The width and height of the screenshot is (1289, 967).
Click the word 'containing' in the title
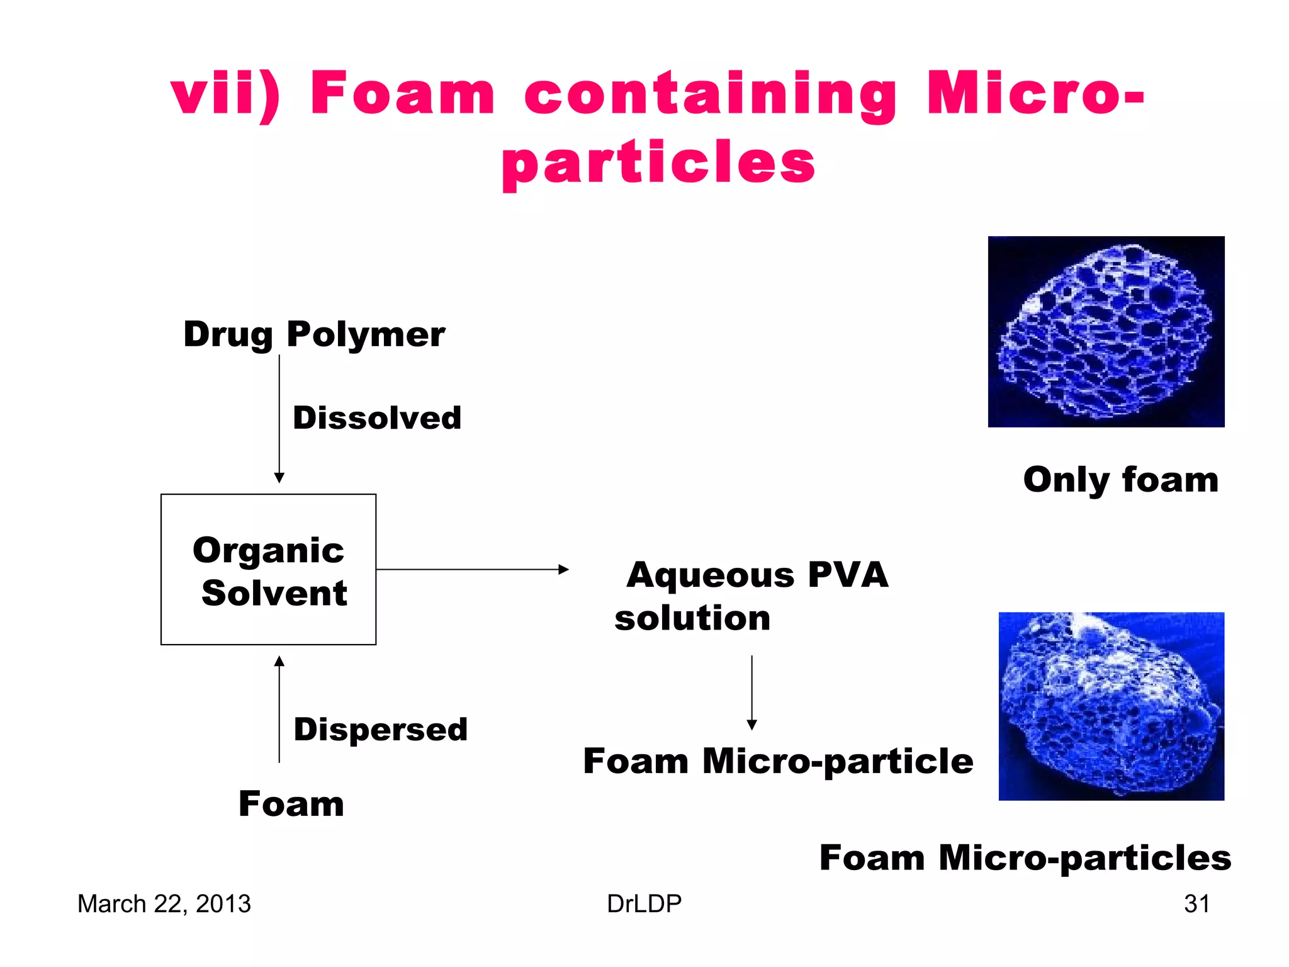tap(710, 94)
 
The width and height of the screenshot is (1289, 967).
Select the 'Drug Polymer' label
tap(314, 334)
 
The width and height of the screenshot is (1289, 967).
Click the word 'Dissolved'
tap(377, 418)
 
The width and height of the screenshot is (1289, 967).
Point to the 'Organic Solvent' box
tap(269, 570)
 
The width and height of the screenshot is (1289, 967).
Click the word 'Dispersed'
tap(381, 730)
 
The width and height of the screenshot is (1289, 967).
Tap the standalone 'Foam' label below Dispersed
tap(291, 804)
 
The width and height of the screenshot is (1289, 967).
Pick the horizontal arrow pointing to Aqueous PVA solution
tap(472, 570)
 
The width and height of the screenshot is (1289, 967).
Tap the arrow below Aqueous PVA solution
tap(751, 693)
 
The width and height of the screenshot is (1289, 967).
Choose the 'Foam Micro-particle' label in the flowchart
tap(778, 761)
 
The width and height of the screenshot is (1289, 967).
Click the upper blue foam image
tap(1106, 332)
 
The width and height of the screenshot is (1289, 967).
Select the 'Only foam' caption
tap(1120, 480)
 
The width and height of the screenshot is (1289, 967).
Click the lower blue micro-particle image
tap(1111, 706)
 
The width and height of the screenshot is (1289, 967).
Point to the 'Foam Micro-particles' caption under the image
tap(1025, 858)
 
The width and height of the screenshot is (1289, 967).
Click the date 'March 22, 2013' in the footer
tap(164, 904)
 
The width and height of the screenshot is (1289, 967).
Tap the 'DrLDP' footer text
tap(644, 904)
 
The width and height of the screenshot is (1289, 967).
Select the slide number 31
tap(1196, 904)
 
